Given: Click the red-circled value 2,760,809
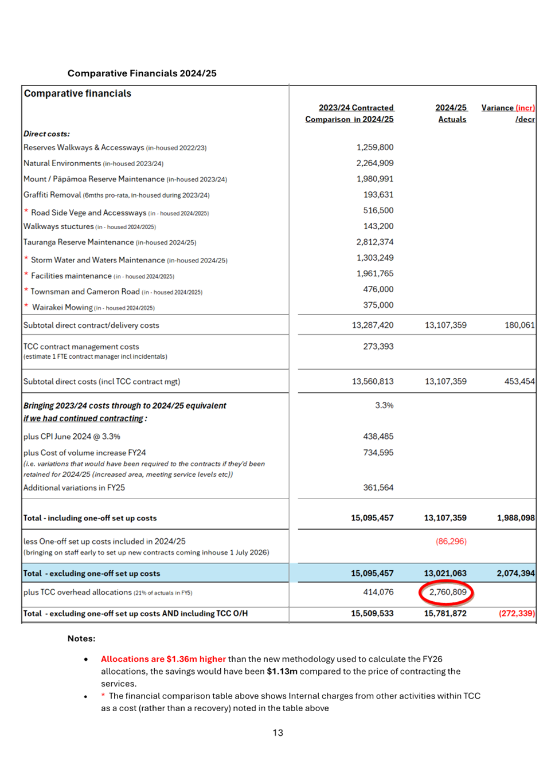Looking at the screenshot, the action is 447,592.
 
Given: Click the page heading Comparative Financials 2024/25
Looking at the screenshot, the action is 142,73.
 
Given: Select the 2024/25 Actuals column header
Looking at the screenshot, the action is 451,113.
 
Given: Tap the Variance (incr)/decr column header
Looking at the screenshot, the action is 508,113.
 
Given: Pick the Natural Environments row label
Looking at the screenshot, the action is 62,163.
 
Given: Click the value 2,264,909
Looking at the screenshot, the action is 375,163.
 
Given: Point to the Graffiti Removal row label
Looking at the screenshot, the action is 52,195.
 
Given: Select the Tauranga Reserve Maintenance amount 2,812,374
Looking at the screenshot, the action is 375,242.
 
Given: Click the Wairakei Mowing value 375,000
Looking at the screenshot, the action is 378,305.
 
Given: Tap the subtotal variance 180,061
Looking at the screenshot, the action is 519,325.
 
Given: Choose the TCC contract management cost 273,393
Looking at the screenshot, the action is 378,346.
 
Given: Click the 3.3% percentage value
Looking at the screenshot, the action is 384,405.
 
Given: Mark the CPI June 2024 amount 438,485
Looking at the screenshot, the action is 378,436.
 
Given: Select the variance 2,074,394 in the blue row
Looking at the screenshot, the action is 515,573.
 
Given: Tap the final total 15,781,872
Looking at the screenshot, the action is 445,613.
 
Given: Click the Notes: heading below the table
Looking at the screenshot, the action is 81,638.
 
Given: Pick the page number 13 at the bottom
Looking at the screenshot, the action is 278,732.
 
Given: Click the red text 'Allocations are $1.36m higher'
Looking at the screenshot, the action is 163,659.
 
